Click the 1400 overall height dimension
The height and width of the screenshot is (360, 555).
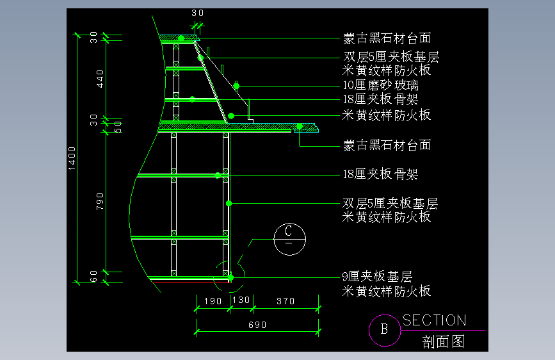[x=72, y=158]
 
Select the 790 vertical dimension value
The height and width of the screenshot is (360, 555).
[x=101, y=201]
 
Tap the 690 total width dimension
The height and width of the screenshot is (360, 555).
[x=257, y=325]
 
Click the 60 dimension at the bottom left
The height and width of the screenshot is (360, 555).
[x=93, y=276]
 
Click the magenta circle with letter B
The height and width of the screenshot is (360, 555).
[x=385, y=330]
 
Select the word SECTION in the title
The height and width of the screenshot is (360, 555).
[x=434, y=320]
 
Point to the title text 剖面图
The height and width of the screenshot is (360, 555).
[x=443, y=341]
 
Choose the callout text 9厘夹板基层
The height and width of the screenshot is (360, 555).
[x=377, y=277]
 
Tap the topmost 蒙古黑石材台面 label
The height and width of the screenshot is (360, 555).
[x=387, y=38]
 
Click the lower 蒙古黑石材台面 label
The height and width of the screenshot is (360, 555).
[x=387, y=145]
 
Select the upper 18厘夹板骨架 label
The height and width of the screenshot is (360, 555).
[x=381, y=99]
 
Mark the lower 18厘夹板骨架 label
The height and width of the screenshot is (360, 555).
[x=381, y=174]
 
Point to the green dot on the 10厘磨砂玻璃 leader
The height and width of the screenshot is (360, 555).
[x=236, y=86]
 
